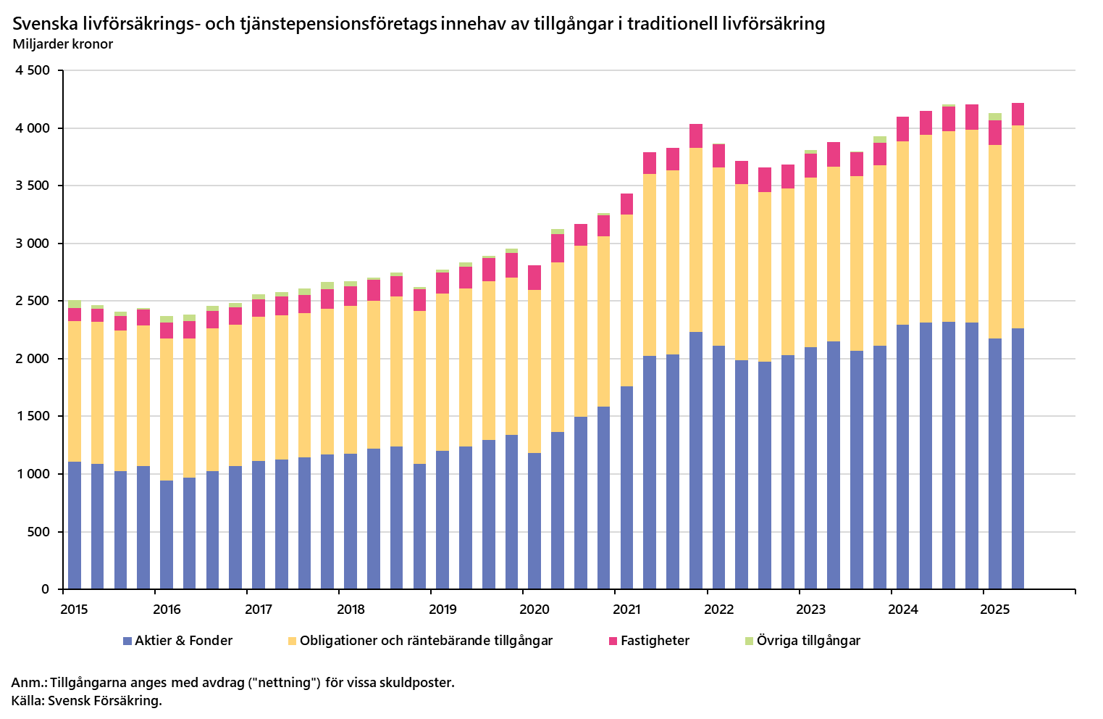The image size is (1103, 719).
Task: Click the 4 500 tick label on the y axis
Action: coord(32,70)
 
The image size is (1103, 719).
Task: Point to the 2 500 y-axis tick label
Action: coord(32,301)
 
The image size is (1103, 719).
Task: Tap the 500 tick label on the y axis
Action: coord(39,532)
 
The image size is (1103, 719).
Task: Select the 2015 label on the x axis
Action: coord(75,610)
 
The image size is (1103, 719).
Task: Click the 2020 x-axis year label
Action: coord(534,610)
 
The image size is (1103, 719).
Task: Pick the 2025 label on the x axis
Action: coord(994,610)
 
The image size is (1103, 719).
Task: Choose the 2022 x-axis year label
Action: coord(718,610)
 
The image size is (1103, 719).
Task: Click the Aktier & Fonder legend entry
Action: coord(183,641)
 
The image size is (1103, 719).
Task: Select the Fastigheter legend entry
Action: coord(655,641)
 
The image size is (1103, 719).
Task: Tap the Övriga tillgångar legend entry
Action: coord(808,641)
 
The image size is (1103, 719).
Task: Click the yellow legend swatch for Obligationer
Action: coord(292,641)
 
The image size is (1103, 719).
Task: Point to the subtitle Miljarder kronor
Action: coord(63,44)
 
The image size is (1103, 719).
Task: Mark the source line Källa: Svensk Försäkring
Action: coord(87,701)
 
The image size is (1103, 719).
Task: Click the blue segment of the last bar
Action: coord(1018,458)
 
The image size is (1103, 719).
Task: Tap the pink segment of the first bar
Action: coord(74,315)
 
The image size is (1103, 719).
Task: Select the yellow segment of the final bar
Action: coord(1018,227)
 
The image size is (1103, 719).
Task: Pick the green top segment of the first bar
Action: coord(74,304)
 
